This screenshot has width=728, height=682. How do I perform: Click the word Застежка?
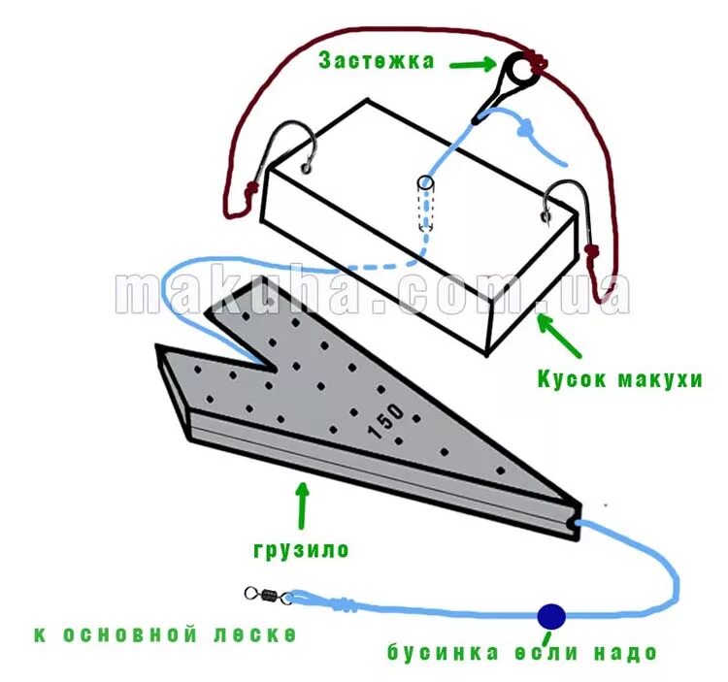376,60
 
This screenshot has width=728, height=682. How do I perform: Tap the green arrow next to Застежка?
473,65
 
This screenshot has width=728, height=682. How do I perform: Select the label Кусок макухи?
619,378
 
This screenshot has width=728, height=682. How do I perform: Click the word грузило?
301,550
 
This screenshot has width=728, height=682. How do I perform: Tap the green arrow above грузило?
302,504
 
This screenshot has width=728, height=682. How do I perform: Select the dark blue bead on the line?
551,615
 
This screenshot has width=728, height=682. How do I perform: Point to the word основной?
136,635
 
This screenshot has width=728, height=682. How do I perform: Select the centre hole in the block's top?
425,184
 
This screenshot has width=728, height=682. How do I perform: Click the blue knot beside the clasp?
523,128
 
